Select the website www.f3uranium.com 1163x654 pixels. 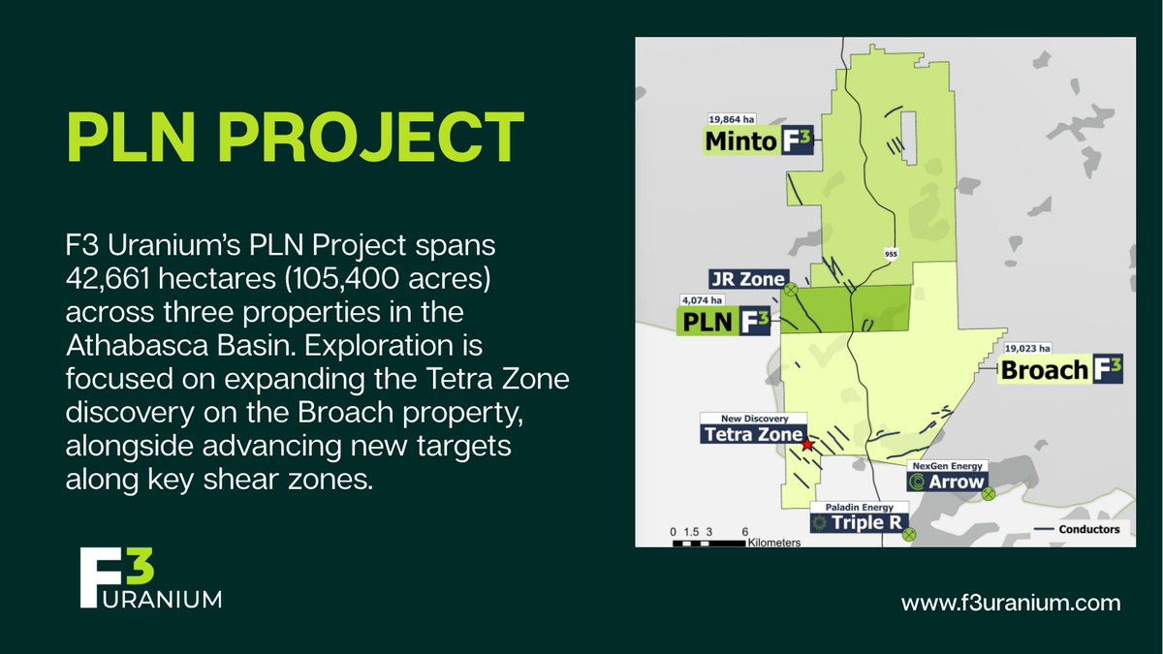[x=1011, y=603]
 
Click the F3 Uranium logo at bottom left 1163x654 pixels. [x=150, y=579]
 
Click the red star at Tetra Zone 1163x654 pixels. [x=807, y=445]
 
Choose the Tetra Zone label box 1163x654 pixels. [x=752, y=434]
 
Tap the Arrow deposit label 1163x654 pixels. [x=947, y=482]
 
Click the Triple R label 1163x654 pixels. [x=860, y=523]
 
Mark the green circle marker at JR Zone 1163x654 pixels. [x=790, y=289]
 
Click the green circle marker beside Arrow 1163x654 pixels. [x=988, y=494]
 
